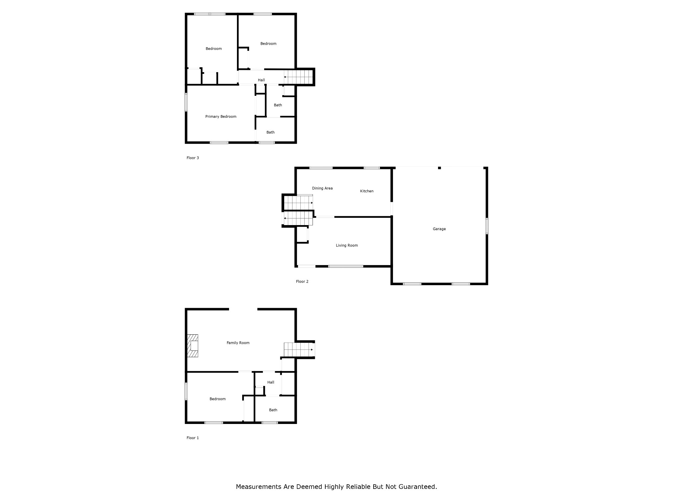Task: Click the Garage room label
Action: [x=439, y=229]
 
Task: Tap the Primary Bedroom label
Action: [x=221, y=116]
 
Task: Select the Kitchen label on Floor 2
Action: [x=367, y=191]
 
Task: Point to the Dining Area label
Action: [x=322, y=188]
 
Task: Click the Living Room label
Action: [x=347, y=245]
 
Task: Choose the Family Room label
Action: [x=238, y=343]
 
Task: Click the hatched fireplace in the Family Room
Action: [x=193, y=346]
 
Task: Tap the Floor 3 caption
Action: [x=193, y=158]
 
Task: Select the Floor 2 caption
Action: [x=302, y=282]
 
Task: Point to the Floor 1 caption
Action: [x=193, y=438]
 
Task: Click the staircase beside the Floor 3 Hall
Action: [x=298, y=77]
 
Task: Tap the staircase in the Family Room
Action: [x=298, y=349]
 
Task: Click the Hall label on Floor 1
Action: [x=271, y=382]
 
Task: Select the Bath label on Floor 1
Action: [x=273, y=410]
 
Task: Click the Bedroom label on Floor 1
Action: [x=218, y=399]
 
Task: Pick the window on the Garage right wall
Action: [x=487, y=226]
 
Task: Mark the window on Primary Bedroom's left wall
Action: [x=186, y=102]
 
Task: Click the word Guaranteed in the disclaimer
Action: [x=418, y=496]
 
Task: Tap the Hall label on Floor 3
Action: [x=261, y=80]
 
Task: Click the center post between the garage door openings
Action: [x=439, y=168]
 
